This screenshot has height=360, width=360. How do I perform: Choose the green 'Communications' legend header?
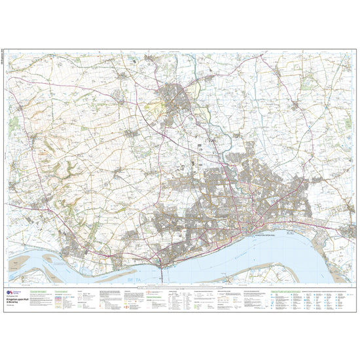pyautogui.click(x=62, y=288)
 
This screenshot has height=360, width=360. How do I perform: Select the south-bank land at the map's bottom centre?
pyautogui.click(x=196, y=278)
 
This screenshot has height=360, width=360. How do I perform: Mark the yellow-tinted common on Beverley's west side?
pyautogui.click(x=155, y=105)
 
